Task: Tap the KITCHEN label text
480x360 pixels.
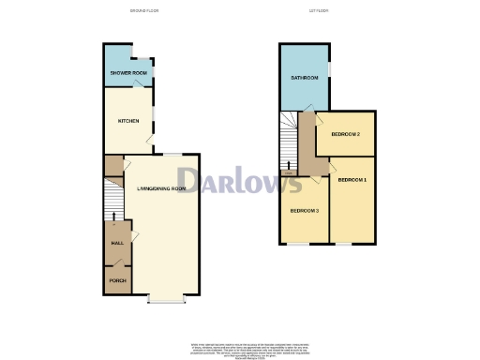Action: [127, 121]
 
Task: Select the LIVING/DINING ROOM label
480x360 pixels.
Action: [161, 188]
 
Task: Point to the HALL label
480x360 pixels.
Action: [117, 243]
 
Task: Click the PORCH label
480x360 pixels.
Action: [117, 280]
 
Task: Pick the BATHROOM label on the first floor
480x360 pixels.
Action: [305, 78]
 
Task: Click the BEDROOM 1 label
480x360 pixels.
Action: [352, 179]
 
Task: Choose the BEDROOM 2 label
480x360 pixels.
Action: [346, 135]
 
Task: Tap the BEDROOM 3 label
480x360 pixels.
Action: [305, 211]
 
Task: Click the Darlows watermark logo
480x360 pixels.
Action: [240, 180]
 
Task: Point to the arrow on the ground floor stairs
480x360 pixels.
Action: [114, 217]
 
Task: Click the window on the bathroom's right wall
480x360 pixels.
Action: [329, 76]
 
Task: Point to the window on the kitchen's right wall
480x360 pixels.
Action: [155, 116]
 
